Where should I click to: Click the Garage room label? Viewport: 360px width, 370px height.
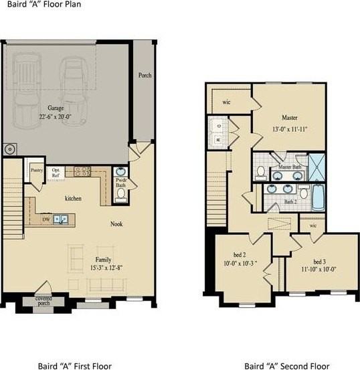click(x=55, y=107)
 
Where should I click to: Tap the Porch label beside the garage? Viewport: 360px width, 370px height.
click(x=144, y=76)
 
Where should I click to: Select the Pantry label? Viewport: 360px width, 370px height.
click(x=36, y=171)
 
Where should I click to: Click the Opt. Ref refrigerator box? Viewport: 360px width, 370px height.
click(x=58, y=172)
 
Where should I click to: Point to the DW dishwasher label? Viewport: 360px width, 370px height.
click(x=46, y=219)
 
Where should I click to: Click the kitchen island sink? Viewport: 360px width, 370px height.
click(x=61, y=219)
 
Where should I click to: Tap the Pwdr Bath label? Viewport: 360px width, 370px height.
click(x=121, y=183)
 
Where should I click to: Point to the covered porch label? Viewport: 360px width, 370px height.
click(x=43, y=300)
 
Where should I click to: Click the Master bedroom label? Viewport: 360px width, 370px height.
click(x=290, y=118)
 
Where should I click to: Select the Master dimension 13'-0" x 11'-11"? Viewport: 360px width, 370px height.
click(x=290, y=129)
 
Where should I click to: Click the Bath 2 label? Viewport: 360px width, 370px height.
click(x=290, y=201)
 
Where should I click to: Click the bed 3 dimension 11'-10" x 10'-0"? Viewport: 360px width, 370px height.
click(x=319, y=269)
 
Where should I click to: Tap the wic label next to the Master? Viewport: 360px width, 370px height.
click(x=226, y=102)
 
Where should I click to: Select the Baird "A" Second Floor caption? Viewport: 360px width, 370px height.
click(x=286, y=365)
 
